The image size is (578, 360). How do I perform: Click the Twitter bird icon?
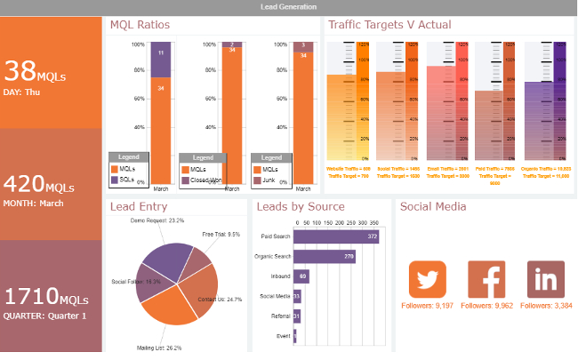point(427,279)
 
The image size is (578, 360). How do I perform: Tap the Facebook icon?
point(486,279)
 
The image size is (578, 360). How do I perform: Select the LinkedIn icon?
point(545,279)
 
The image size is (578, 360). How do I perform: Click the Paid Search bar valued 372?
point(336,236)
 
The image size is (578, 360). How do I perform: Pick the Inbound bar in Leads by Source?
point(301,276)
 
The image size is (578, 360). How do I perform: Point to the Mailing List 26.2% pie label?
point(159,348)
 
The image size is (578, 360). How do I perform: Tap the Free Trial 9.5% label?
point(221,235)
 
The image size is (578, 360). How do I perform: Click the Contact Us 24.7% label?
point(221,300)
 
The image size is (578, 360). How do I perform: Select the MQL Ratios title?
point(140,25)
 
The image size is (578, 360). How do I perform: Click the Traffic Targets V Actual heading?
point(389,25)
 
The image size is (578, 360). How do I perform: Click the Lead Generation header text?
point(288,6)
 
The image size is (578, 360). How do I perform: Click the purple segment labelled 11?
point(160,53)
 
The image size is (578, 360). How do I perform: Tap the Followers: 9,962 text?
point(486,306)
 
